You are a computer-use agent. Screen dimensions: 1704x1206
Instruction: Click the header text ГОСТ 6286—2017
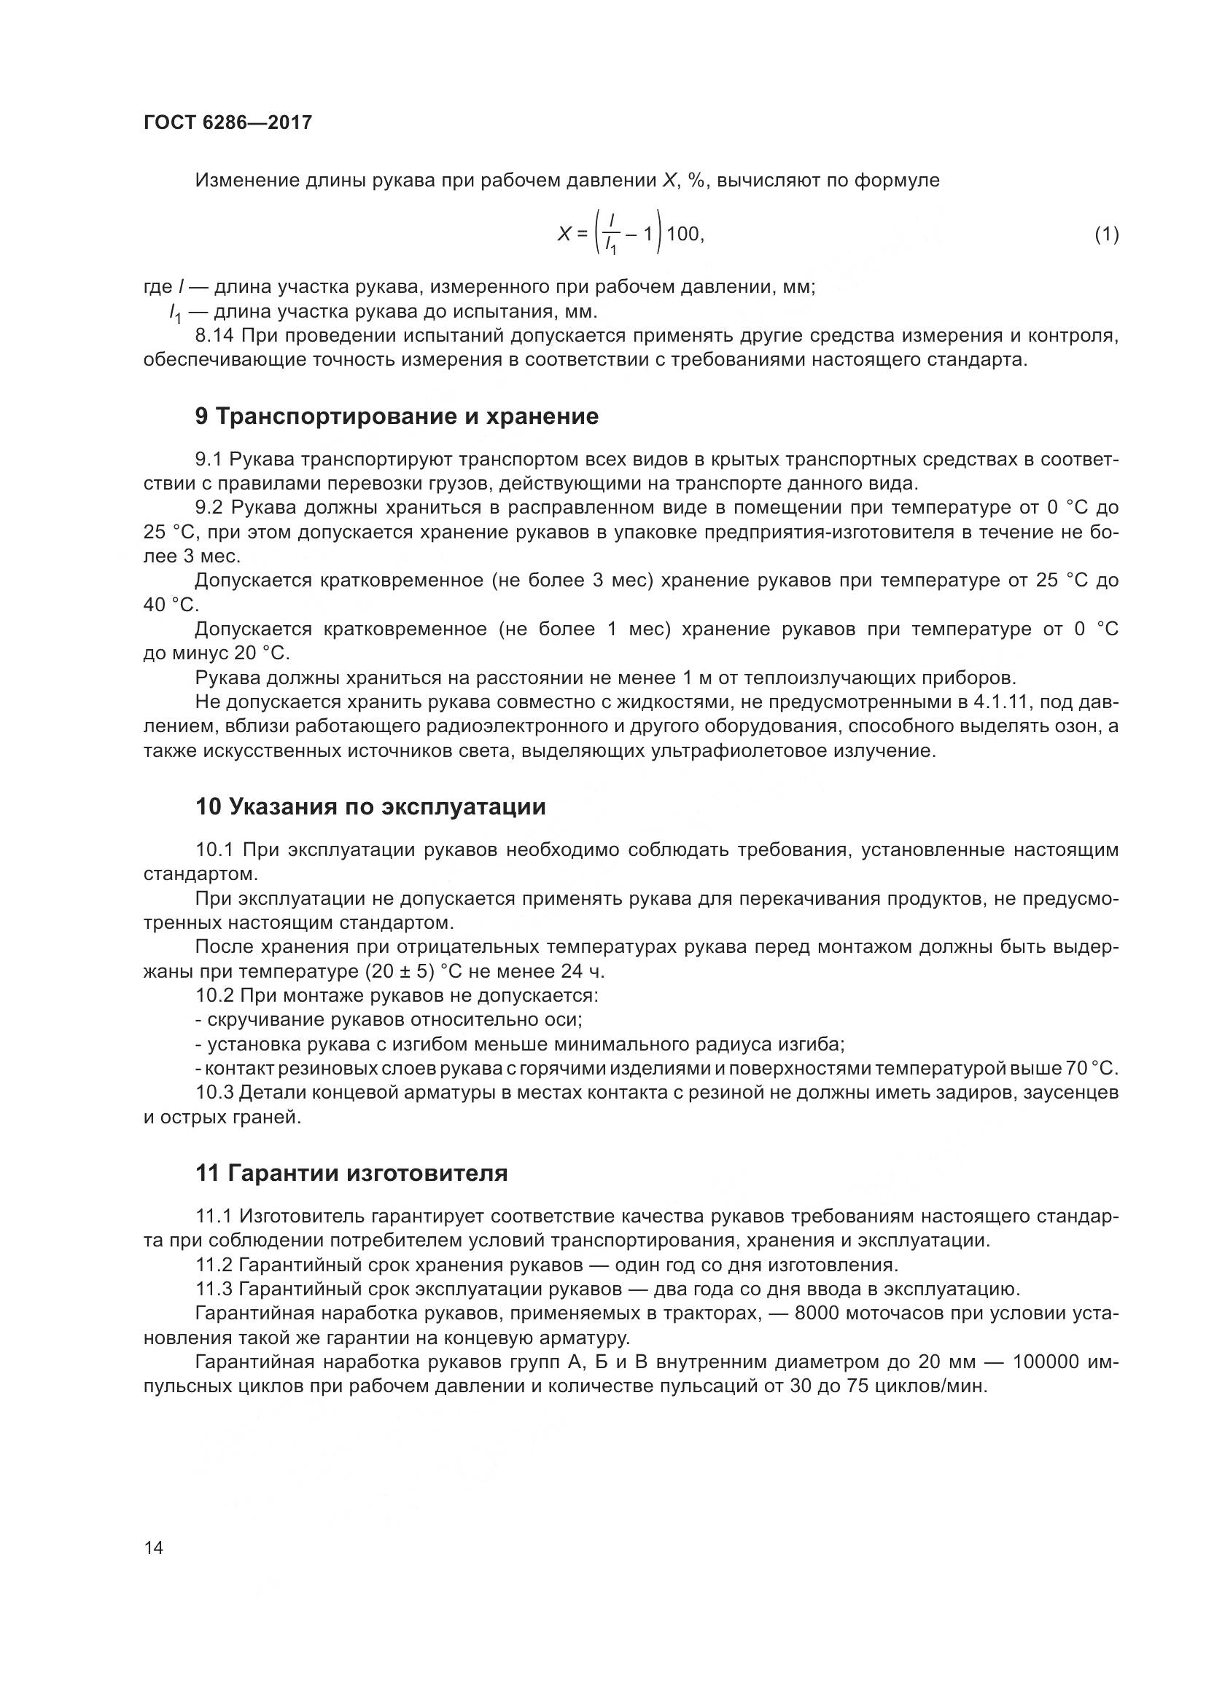point(227,123)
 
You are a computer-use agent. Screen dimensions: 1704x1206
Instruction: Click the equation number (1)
point(1106,235)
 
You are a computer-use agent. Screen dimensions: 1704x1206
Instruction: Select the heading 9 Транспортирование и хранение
point(397,417)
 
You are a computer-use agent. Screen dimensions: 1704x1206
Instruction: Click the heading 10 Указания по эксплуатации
point(370,806)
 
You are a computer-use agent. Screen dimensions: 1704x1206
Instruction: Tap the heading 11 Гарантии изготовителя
point(352,1174)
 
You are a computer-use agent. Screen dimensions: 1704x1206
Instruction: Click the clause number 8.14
point(214,336)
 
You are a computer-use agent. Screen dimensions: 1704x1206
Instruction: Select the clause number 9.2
point(209,508)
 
